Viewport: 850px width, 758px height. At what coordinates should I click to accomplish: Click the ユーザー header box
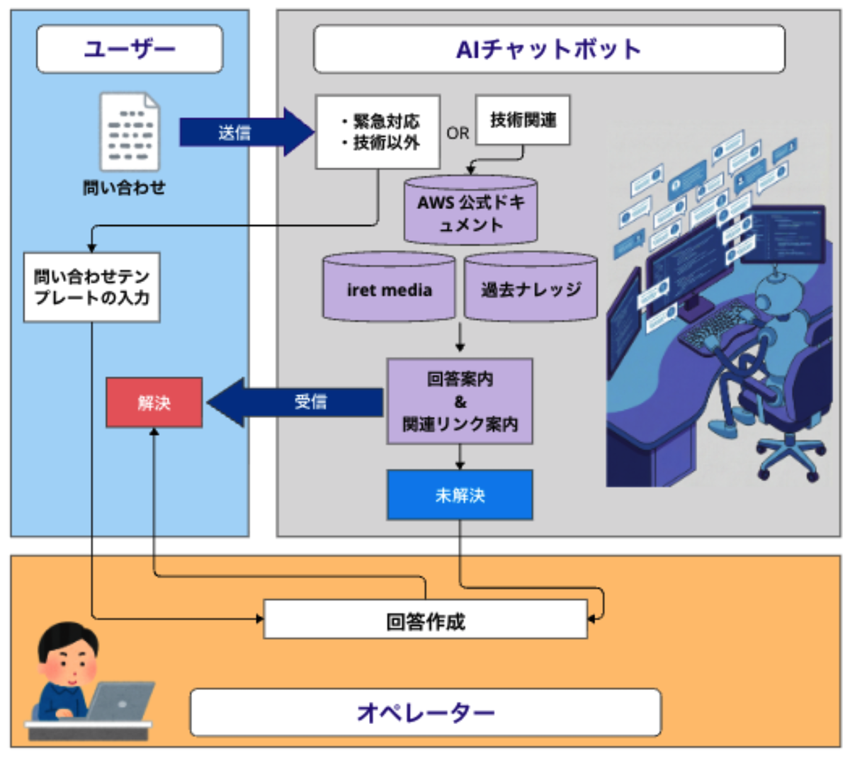coord(130,49)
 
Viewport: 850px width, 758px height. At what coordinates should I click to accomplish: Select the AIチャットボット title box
coord(549,49)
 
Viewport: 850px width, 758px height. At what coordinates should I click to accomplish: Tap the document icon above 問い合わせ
coord(130,132)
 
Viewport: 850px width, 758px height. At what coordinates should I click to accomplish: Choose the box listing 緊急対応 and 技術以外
coord(378,132)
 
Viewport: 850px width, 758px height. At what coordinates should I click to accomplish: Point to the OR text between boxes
coord(458,133)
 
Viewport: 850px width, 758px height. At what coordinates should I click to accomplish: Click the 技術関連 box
coord(523,120)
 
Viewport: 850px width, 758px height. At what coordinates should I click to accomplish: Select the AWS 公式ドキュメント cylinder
coord(470,212)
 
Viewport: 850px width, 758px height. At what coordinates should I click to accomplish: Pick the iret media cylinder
coord(389,288)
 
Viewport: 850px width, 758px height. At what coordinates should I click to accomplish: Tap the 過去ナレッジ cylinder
coord(531,288)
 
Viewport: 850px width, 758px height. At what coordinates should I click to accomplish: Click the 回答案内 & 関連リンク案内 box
coord(460,402)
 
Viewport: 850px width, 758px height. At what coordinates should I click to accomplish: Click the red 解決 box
coord(154,402)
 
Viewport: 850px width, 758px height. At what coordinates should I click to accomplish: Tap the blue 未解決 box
coord(460,494)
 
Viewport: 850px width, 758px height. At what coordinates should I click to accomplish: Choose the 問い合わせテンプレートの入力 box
coord(92,287)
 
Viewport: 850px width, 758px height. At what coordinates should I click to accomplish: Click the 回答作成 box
coord(425,620)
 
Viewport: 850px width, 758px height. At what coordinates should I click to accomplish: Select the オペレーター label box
coord(425,712)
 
